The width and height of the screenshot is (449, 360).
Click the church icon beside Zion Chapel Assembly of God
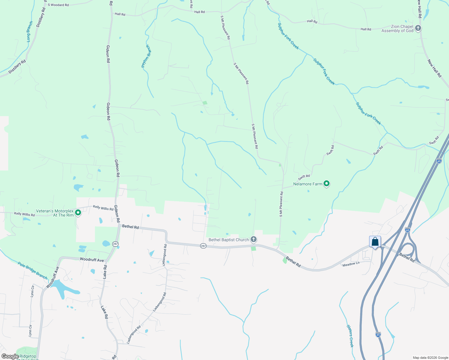(x=418, y=28)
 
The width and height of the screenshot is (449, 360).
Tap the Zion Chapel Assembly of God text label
(x=397, y=29)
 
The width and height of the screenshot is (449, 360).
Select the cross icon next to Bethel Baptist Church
(x=254, y=239)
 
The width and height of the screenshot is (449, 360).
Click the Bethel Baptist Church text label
(x=229, y=240)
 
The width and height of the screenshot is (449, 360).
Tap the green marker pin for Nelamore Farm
(x=327, y=184)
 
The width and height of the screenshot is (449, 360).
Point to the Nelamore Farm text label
(x=308, y=184)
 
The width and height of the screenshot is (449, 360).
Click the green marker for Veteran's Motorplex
(x=78, y=213)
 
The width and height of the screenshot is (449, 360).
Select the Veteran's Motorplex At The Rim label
(x=55, y=213)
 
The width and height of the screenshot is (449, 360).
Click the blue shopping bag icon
(x=375, y=242)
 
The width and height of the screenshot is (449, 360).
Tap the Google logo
(x=10, y=356)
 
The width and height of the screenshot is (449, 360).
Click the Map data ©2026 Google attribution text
(x=430, y=358)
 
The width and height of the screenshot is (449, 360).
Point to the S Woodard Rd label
(x=58, y=5)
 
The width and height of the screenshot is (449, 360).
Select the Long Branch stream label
(x=29, y=31)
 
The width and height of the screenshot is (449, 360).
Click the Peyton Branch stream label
(x=146, y=56)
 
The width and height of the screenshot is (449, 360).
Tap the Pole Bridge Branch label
(x=32, y=271)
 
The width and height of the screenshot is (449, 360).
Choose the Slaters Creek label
(x=350, y=336)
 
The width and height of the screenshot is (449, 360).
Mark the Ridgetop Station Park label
(x=27, y=357)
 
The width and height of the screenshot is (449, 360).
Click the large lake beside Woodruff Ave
(x=65, y=288)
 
